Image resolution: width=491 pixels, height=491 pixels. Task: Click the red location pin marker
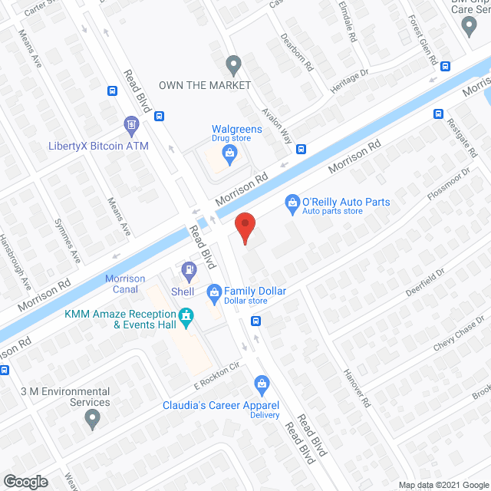click(244, 227)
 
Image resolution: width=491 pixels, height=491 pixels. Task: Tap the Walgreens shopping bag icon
click(229, 151)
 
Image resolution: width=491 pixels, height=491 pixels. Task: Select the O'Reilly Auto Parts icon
click(292, 203)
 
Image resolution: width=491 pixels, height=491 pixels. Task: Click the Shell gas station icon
click(188, 269)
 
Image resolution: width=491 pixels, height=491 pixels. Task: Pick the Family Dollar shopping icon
click(214, 292)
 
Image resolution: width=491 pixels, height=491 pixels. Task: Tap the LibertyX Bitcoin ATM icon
click(131, 124)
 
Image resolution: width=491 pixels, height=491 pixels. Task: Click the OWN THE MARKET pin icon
click(234, 64)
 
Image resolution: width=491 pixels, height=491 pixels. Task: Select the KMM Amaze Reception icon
click(185, 315)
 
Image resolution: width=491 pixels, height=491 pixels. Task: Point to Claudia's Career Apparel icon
click(262, 383)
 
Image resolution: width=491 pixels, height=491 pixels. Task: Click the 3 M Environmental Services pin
click(93, 419)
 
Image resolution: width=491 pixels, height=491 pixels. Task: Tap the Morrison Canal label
click(124, 284)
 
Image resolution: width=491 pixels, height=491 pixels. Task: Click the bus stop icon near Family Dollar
click(258, 321)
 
